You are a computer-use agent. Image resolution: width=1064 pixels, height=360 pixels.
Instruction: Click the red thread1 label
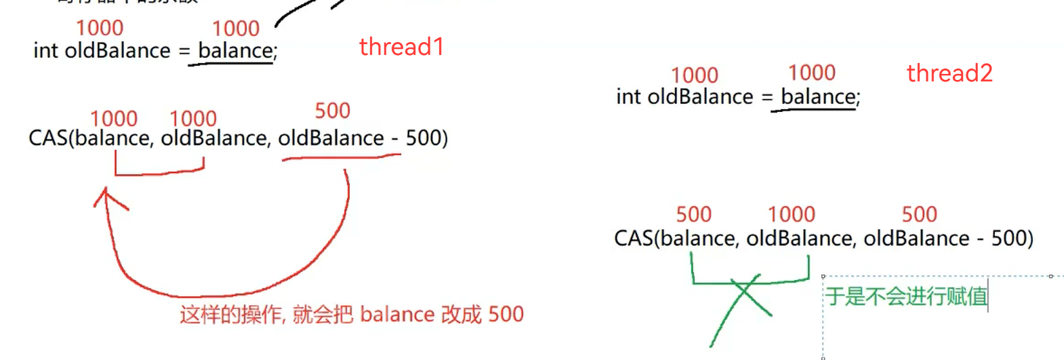401,47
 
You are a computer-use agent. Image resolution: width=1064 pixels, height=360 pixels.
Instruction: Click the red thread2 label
949,73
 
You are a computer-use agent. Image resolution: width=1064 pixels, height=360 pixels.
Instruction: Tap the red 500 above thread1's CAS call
332,111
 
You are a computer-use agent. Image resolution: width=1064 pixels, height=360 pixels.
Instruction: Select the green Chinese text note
905,296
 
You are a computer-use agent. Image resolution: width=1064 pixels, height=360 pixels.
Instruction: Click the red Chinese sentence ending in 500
351,315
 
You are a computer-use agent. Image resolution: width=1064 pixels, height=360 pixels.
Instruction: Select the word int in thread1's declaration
45,51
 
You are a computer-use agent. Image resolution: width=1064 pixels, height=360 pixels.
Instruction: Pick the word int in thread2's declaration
628,97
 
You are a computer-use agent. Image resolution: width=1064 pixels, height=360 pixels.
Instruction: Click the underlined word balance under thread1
234,51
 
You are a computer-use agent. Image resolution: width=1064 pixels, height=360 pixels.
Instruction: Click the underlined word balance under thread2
818,97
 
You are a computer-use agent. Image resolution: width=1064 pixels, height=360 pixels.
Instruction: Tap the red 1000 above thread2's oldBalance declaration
694,75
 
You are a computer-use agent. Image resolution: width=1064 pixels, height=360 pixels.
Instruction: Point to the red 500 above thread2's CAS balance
693,215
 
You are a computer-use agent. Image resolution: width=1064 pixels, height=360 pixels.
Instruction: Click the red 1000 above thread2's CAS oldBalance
791,215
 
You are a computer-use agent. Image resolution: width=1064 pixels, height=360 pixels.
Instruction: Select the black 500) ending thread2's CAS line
1012,239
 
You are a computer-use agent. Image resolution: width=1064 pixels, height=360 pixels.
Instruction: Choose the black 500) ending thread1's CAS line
426,138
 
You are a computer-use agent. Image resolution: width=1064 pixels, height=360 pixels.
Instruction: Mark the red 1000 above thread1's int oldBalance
100,28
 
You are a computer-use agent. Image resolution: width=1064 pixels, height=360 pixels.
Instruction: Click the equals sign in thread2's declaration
767,98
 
